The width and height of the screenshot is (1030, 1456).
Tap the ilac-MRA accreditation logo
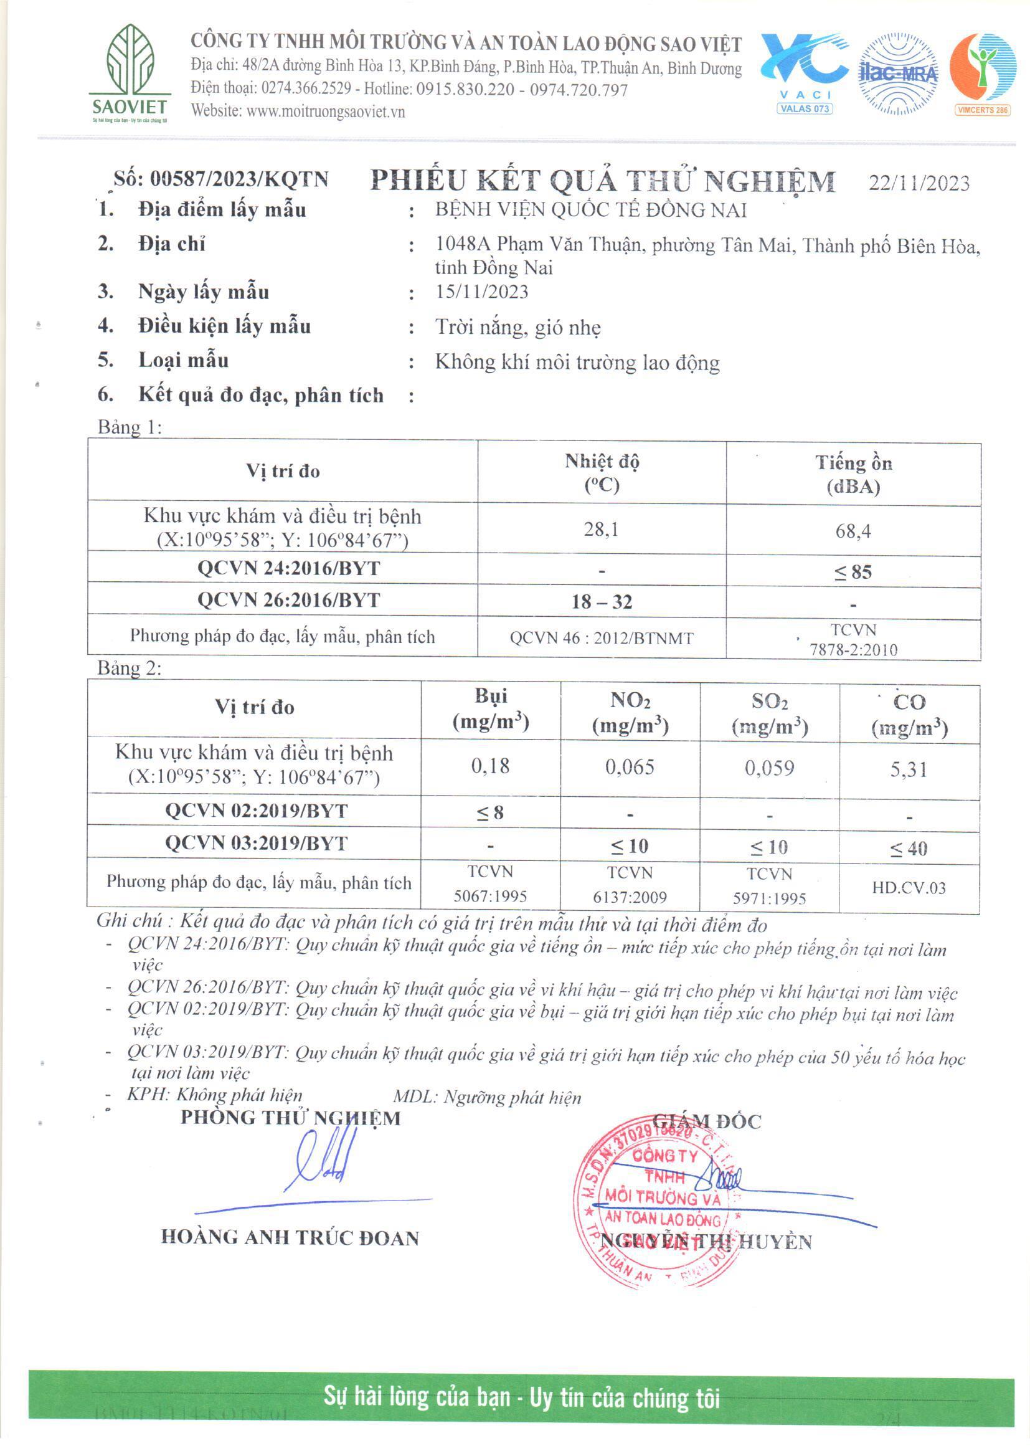[897, 74]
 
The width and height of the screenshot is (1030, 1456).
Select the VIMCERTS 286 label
[983, 110]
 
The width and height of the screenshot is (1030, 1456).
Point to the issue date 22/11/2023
[919, 183]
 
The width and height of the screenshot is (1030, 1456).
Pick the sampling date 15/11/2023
[481, 291]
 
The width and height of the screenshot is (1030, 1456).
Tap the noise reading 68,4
[853, 530]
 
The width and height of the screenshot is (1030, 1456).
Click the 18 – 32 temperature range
[602, 601]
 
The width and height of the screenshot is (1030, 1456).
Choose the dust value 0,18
[489, 766]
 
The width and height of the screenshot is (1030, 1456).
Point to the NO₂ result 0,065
[629, 767]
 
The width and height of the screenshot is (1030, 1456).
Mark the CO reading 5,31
[908, 769]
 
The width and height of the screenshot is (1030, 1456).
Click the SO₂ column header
[769, 713]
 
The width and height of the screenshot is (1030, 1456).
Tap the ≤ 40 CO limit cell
[908, 848]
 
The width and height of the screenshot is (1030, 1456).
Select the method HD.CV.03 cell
[908, 888]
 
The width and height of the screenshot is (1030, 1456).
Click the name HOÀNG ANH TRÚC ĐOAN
[290, 1237]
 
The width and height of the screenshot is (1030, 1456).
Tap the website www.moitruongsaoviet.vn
[325, 112]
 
